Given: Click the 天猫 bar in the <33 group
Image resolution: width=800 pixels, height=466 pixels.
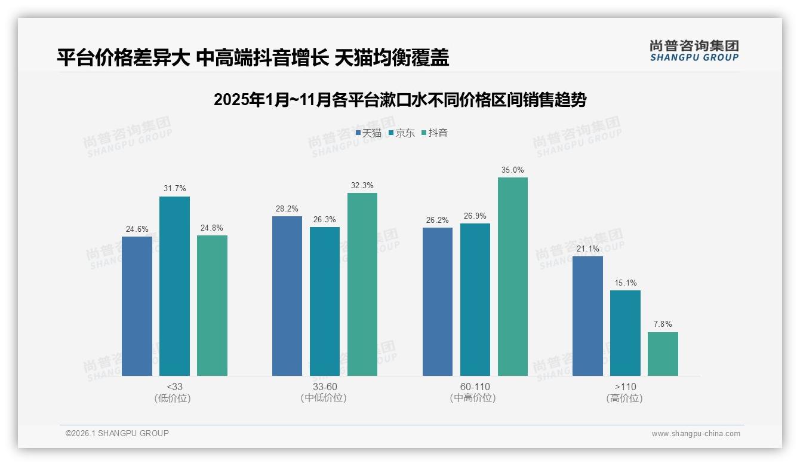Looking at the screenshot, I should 137,306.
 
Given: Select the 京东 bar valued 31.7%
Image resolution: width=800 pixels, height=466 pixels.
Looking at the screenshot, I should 174,286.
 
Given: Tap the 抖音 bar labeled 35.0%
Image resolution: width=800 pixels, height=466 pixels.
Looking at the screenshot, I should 513,277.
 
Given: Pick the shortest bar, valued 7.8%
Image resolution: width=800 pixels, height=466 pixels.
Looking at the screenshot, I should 663,354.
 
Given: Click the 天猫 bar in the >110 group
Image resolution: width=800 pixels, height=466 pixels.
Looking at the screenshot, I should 587,316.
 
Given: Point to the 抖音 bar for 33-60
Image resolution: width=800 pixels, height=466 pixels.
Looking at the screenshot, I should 362,284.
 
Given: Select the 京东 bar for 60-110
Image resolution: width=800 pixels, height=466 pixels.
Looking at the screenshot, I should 475,299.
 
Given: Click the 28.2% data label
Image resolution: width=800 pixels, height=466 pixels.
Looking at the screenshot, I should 287,209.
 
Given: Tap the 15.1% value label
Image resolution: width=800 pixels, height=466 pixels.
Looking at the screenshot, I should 625,283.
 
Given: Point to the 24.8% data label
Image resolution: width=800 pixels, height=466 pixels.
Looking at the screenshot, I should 212,228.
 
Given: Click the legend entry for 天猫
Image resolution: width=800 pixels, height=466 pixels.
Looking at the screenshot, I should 368,133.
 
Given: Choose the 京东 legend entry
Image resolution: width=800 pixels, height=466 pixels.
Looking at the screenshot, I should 402,133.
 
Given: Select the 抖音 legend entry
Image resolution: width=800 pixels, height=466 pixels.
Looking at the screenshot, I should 435,133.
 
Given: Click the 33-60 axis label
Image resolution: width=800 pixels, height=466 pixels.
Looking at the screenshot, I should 325,387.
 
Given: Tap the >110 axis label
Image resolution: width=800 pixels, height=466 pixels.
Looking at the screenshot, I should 624,387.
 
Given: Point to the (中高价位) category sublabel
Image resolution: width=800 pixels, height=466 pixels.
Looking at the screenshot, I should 475,398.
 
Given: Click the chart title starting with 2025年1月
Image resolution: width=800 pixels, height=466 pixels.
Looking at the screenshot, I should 399,100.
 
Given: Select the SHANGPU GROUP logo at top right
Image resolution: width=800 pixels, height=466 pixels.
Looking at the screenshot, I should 694,50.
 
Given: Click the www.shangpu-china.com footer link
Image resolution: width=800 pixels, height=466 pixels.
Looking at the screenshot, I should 696,434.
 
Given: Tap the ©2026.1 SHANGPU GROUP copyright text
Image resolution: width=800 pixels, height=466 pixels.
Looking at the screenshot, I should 117,433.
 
